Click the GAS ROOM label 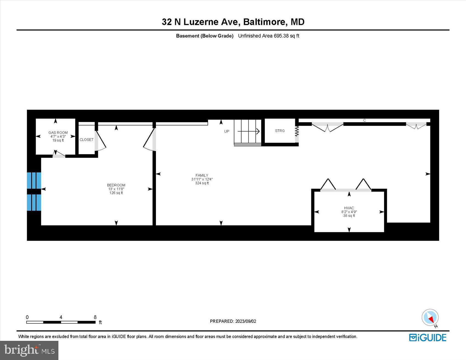click(58, 133)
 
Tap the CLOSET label click(86, 140)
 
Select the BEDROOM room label click(116, 185)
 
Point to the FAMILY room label click(202, 175)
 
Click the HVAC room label click(349, 208)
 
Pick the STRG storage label click(280, 131)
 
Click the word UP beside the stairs click(227, 132)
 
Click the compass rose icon click(430, 318)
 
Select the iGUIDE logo click(428, 338)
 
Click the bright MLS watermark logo click(29, 350)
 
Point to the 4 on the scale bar click(61, 317)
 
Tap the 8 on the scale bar click(95, 317)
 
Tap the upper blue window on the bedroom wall click(34, 180)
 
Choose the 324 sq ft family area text click(202, 183)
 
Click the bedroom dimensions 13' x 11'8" click(116, 189)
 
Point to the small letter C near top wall click(364, 120)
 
